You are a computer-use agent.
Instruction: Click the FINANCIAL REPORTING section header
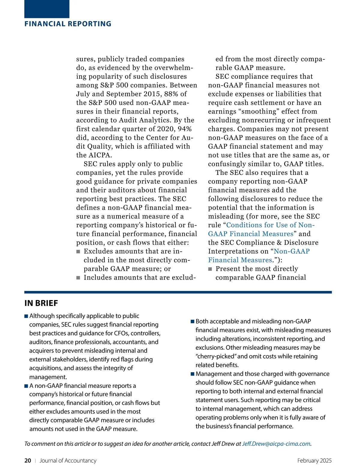68,24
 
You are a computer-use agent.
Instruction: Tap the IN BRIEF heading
41,303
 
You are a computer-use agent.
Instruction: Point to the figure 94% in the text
184,129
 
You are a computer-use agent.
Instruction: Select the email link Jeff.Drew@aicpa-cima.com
276,444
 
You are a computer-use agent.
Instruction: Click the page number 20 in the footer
28,461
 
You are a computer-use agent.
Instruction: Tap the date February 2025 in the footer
314,461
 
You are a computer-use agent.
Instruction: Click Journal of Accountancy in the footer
68,461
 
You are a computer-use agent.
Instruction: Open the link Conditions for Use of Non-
270,225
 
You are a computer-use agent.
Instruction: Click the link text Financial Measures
240,260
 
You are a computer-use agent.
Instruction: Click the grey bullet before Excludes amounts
78,251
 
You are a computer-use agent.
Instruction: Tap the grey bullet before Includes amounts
78,278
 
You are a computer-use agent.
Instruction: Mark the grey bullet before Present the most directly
210,269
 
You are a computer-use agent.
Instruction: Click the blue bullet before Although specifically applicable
26,316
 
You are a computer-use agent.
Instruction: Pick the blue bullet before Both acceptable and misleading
193,322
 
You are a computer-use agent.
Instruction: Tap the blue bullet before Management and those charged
193,374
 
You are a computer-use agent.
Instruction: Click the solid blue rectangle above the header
47,9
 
